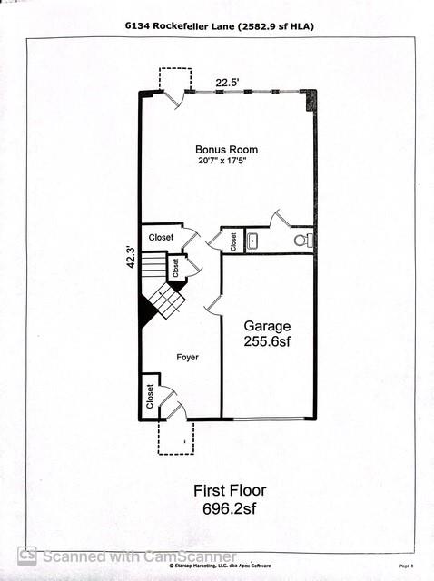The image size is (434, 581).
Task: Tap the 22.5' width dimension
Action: [x=226, y=83]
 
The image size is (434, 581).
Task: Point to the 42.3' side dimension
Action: [x=131, y=256]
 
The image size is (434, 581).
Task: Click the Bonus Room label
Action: [x=226, y=150]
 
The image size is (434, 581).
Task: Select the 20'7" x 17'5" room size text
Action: [x=226, y=162]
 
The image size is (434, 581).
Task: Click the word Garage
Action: [x=266, y=325]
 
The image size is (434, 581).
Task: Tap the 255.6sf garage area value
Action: [x=266, y=342]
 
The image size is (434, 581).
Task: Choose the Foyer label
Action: [x=187, y=357]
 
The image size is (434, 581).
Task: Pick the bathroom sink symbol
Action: [x=253, y=241]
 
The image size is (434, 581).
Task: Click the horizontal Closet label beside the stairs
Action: [x=161, y=237]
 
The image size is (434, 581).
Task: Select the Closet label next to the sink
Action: [x=233, y=241]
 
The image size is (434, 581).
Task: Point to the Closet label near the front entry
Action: [x=150, y=395]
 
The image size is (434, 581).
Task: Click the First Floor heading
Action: [x=230, y=490]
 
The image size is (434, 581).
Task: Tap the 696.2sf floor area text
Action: [x=230, y=510]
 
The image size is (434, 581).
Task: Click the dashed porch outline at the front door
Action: [x=175, y=437]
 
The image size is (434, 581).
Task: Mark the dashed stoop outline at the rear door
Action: [x=175, y=79]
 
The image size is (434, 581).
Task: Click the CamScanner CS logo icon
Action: [x=27, y=556]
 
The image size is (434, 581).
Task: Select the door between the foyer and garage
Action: [x=214, y=306]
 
